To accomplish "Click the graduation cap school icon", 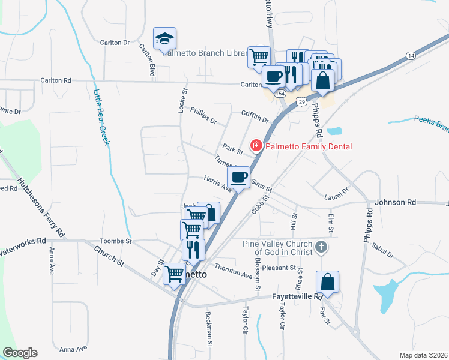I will pos(164,38).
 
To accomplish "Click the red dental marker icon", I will pos(256,145).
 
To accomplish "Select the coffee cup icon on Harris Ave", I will pos(238,178).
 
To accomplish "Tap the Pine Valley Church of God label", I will pos(277,247).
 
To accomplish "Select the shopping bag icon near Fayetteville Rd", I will pos(327,281).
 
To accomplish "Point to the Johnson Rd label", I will pos(395,203).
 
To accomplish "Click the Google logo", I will pos(20,353).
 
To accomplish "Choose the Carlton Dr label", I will pos(115,43).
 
